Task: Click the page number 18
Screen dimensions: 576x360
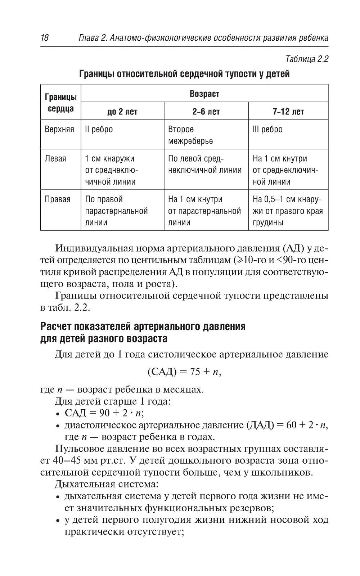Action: [45, 37]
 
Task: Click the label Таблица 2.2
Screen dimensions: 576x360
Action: [306, 59]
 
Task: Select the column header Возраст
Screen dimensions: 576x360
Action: [204, 94]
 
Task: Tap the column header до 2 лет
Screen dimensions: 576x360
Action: [122, 112]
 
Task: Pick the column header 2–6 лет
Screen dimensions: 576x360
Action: [206, 112]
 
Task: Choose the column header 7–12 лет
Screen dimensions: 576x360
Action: [288, 112]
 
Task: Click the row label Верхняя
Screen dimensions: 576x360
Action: [59, 129]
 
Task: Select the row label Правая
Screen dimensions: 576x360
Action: [58, 199]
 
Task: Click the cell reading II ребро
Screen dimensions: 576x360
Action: [99, 129]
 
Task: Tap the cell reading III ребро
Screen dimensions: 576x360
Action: [267, 129]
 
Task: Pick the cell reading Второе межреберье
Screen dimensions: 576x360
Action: [190, 135]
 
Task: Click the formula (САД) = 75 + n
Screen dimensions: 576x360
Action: [184, 372]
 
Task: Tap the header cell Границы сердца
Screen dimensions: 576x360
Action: [60, 103]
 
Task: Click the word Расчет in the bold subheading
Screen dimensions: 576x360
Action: [56, 327]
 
